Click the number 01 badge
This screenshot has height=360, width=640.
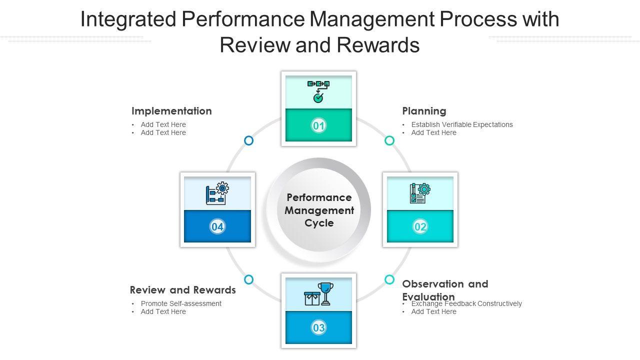coord(318,125)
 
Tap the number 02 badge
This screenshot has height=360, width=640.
coord(420,227)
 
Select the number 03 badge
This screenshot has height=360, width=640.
coord(318,328)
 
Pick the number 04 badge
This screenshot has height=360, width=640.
coord(217,227)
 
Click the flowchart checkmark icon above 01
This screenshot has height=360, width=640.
coord(318,91)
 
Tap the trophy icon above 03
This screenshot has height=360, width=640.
coord(325,293)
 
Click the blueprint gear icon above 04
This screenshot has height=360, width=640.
coord(217,193)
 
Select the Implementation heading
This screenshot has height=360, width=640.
coord(171,111)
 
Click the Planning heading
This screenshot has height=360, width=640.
coord(424,111)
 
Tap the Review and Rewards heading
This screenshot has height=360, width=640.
coord(182,290)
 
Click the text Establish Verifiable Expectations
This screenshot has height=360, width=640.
coord(462,124)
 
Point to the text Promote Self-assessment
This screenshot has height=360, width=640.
coord(181,303)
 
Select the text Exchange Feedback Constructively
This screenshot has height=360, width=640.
coord(466,304)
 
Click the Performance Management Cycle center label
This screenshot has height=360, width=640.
coord(319,210)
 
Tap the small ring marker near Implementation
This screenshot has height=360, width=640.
coord(248,141)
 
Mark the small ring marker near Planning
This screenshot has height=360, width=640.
coord(389,141)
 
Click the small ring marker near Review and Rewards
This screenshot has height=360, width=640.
coord(248,279)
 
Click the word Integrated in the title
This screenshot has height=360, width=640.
coord(128,20)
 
